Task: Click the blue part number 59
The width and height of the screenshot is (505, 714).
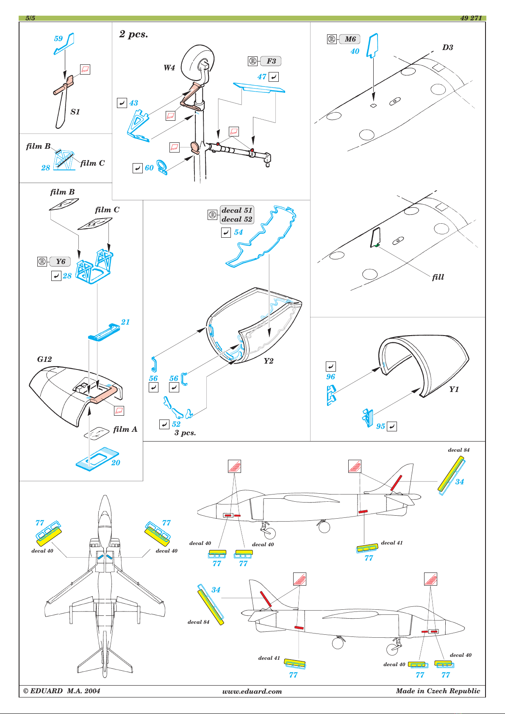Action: point(58,39)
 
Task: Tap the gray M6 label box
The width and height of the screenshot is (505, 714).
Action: point(350,39)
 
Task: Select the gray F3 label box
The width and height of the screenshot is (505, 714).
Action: point(270,61)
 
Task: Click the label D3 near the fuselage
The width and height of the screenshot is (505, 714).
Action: point(447,47)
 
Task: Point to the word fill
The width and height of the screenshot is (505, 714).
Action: point(438,277)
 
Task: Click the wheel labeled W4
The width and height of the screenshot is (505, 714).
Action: point(197,61)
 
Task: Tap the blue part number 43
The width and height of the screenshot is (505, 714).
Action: point(133,103)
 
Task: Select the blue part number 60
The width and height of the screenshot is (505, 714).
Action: point(149,168)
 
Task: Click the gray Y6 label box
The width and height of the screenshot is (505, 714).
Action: point(60,262)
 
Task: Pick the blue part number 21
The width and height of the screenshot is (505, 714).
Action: point(125,322)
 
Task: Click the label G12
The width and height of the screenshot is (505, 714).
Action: point(44,359)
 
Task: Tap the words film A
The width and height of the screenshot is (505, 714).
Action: point(125,429)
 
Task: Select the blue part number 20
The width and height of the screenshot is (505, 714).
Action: point(115,462)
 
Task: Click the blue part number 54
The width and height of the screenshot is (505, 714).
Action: point(239,232)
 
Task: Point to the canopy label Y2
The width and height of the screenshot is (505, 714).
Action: point(268,361)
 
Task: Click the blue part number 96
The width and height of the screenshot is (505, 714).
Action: point(330,377)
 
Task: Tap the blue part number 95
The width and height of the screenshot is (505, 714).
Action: point(380,426)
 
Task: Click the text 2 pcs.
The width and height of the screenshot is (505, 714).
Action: point(133,34)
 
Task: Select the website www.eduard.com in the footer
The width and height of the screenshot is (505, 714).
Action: point(252,692)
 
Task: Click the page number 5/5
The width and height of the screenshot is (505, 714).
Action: point(30,18)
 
